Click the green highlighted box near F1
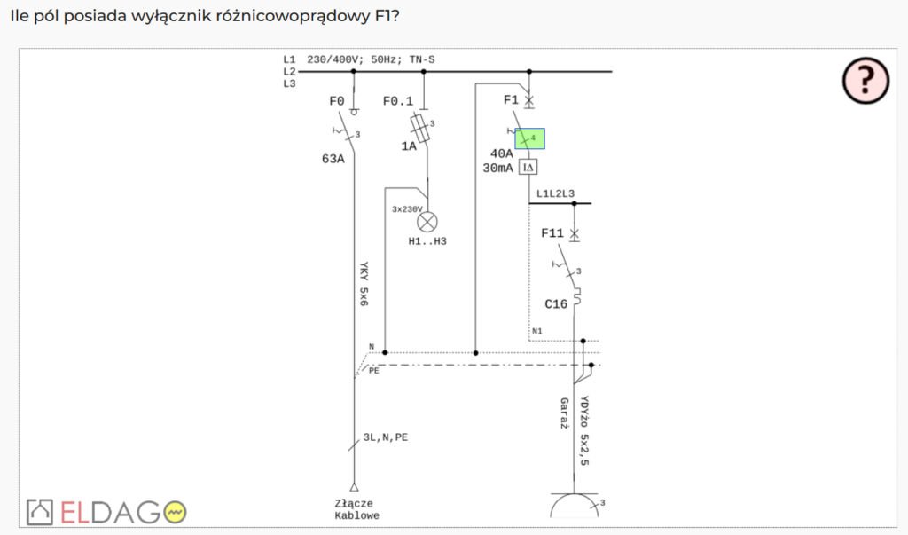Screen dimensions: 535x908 point(530,138)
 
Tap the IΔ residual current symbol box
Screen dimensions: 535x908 point(528,167)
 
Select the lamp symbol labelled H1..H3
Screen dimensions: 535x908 point(427,222)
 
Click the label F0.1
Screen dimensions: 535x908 point(397,101)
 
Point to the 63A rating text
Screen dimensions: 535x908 point(333,160)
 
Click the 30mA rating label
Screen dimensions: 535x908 point(497,168)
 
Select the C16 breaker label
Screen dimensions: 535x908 point(556,304)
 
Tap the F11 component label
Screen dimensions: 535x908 point(552,233)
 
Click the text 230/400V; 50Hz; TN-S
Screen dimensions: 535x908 point(371,60)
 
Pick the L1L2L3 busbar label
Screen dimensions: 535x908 point(555,193)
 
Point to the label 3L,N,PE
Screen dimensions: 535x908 point(386,437)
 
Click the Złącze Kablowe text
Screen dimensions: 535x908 point(357,508)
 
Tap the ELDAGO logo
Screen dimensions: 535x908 point(107,511)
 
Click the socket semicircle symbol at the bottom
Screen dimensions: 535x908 point(574,507)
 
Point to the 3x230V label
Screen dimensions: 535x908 point(407,210)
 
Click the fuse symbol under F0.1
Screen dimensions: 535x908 point(423,129)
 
